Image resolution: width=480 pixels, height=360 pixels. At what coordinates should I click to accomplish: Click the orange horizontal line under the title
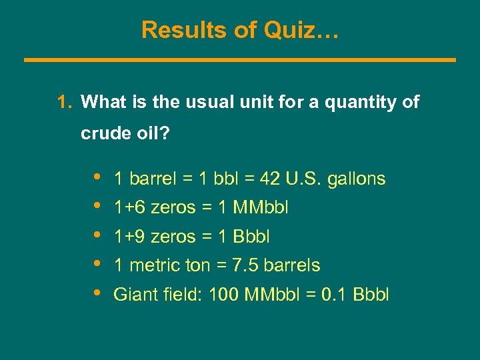240,60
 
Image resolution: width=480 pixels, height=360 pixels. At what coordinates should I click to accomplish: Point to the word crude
101,134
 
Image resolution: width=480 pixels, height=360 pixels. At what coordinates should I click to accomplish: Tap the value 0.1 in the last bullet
333,294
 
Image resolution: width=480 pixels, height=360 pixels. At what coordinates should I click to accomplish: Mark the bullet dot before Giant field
99,293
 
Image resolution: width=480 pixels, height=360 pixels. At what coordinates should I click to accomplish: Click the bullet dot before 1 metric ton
99,264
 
